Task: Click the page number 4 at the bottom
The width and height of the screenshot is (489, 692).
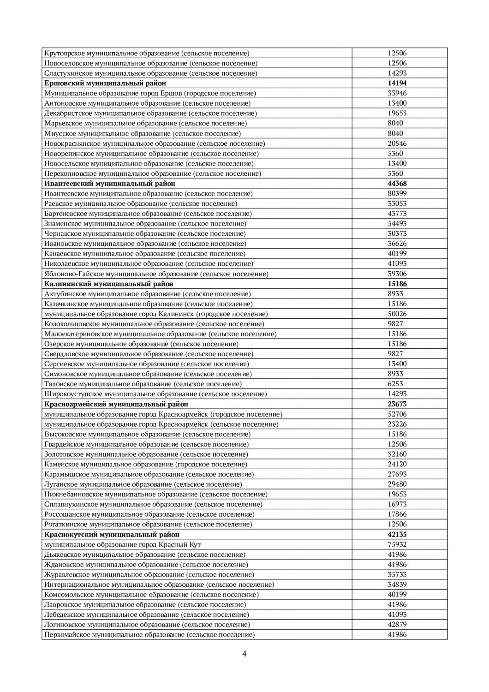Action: [x=244, y=653]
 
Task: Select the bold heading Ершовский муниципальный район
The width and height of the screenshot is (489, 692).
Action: [x=105, y=83]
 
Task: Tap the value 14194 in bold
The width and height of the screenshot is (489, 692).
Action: [x=397, y=83]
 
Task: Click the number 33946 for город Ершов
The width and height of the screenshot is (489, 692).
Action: [x=397, y=93]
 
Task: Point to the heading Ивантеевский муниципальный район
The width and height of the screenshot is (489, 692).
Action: [x=110, y=184]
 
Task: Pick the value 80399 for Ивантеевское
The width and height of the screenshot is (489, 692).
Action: [x=397, y=193]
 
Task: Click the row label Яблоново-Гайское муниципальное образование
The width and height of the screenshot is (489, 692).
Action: [x=156, y=274]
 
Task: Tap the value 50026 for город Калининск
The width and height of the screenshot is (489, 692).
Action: [x=397, y=314]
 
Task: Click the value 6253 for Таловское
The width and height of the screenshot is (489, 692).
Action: [x=395, y=384]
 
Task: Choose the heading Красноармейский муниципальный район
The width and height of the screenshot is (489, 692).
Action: [x=116, y=404]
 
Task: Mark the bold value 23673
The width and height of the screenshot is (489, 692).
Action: [x=397, y=404]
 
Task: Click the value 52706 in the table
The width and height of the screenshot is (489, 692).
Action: [x=397, y=414]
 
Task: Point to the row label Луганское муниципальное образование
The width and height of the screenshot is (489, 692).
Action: [x=143, y=484]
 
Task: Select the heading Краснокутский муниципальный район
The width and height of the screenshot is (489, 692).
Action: [x=112, y=534]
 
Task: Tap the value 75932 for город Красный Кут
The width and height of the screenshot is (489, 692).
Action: [x=397, y=544]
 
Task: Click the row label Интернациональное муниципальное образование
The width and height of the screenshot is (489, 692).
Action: [x=159, y=585]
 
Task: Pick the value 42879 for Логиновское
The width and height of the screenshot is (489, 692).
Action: [x=397, y=625]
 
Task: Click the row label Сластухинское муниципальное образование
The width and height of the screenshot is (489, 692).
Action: [x=151, y=73]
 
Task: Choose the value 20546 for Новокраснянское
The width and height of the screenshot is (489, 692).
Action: [x=397, y=143]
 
